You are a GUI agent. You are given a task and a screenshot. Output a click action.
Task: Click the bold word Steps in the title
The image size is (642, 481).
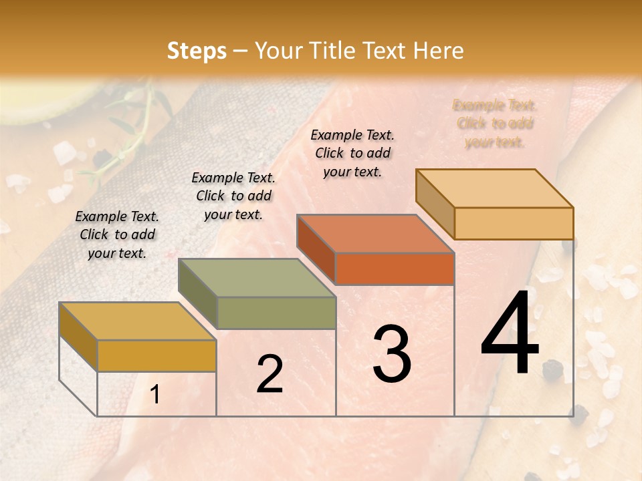197,51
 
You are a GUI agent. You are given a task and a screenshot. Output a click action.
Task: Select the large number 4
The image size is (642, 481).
510,334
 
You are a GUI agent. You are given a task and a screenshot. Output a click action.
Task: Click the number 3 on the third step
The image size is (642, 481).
392,354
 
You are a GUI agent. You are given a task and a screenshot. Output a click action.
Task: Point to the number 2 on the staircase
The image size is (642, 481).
270,374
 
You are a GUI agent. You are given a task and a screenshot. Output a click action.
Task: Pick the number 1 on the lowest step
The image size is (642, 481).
155,395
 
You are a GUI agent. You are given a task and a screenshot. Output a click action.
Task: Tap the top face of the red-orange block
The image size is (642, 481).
374,234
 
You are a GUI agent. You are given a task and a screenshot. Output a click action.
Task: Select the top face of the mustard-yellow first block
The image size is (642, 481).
137,321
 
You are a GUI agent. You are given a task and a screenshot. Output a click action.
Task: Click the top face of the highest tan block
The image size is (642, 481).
495,188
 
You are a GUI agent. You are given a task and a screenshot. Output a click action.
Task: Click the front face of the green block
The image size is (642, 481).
276,313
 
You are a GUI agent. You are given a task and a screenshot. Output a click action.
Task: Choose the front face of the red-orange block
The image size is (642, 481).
395,269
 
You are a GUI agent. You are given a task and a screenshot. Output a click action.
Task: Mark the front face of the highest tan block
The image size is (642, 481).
514,223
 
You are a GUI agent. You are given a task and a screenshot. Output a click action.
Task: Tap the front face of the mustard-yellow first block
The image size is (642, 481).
156,355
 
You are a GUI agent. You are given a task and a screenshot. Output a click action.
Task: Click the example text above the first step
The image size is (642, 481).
117,234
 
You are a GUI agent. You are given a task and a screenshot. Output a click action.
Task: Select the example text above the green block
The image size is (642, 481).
233,196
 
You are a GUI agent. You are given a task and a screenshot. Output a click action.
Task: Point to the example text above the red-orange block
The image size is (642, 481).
352,153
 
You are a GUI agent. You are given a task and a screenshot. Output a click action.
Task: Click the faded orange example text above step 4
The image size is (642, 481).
495,123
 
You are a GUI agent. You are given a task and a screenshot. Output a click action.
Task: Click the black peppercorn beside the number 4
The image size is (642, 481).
552,371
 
